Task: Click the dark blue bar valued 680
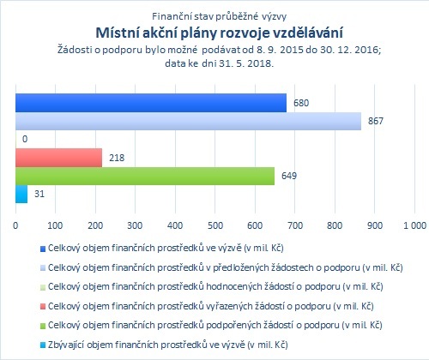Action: pyautogui.click(x=151, y=103)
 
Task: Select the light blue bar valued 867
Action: pyautogui.click(x=188, y=121)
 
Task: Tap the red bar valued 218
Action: pyautogui.click(x=58, y=158)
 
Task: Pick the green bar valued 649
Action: pyautogui.click(x=145, y=176)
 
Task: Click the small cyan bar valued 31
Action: pyautogui.click(x=21, y=195)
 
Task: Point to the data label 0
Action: pyautogui.click(x=25, y=139)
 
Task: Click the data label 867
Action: pyautogui.click(x=376, y=121)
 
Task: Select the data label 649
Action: pyautogui.click(x=289, y=176)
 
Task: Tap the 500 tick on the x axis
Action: pyautogui.click(x=215, y=225)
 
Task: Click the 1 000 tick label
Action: pyautogui.click(x=414, y=225)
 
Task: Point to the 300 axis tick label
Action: pyautogui.click(x=135, y=225)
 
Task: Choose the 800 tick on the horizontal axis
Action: pyautogui.click(x=335, y=225)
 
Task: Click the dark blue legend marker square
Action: pyautogui.click(x=43, y=249)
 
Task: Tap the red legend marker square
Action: pyautogui.click(x=43, y=307)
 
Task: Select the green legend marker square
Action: pyautogui.click(x=43, y=327)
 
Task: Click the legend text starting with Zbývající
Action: pyautogui.click(x=168, y=345)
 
